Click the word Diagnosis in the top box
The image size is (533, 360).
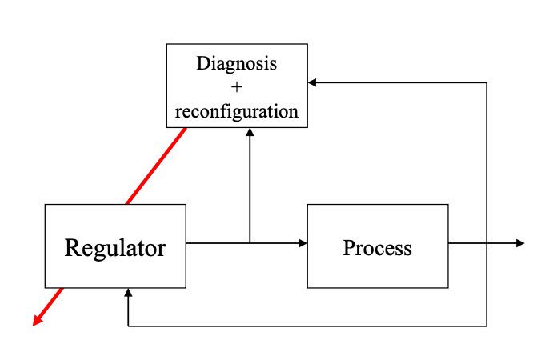pyautogui.click(x=236, y=63)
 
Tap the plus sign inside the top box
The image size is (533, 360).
pyautogui.click(x=236, y=86)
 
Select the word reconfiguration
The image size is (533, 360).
pyautogui.click(x=236, y=110)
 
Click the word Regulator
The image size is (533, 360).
pyautogui.click(x=115, y=247)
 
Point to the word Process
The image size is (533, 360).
pyautogui.click(x=377, y=247)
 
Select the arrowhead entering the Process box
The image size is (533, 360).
pyautogui.click(x=303, y=243)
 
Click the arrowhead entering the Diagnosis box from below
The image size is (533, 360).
pyautogui.click(x=250, y=133)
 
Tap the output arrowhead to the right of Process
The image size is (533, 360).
pyautogui.click(x=520, y=243)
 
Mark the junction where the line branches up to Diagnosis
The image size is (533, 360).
pyautogui.click(x=250, y=243)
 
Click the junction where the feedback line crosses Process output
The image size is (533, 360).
pyautogui.click(x=487, y=243)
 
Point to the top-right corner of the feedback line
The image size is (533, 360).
pyautogui.click(x=487, y=82)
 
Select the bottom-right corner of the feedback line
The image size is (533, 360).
pyautogui.click(x=487, y=326)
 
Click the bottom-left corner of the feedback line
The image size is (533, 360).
pyautogui.click(x=128, y=326)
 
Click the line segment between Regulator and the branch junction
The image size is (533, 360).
pyautogui.click(x=217, y=243)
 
